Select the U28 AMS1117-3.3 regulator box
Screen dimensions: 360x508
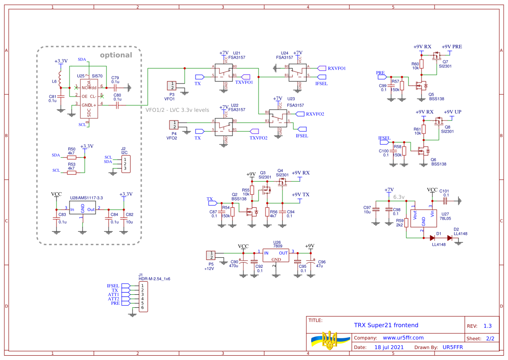(83, 208)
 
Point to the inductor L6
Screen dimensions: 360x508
(61, 81)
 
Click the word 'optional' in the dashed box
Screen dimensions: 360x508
(116, 55)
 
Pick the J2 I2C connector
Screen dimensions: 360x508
(126, 164)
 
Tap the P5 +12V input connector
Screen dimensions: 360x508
(211, 255)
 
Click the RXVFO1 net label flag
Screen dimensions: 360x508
(322, 68)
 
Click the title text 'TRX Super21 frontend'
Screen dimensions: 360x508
(386, 325)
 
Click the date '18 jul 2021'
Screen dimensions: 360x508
(389, 347)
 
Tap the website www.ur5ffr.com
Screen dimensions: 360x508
(403, 337)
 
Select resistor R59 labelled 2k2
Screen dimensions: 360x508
(406, 223)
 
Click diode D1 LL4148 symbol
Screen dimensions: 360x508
(432, 238)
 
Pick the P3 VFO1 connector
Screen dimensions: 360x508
(172, 86)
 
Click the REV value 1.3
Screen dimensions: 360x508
(488, 326)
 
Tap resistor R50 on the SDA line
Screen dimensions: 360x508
(72, 157)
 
